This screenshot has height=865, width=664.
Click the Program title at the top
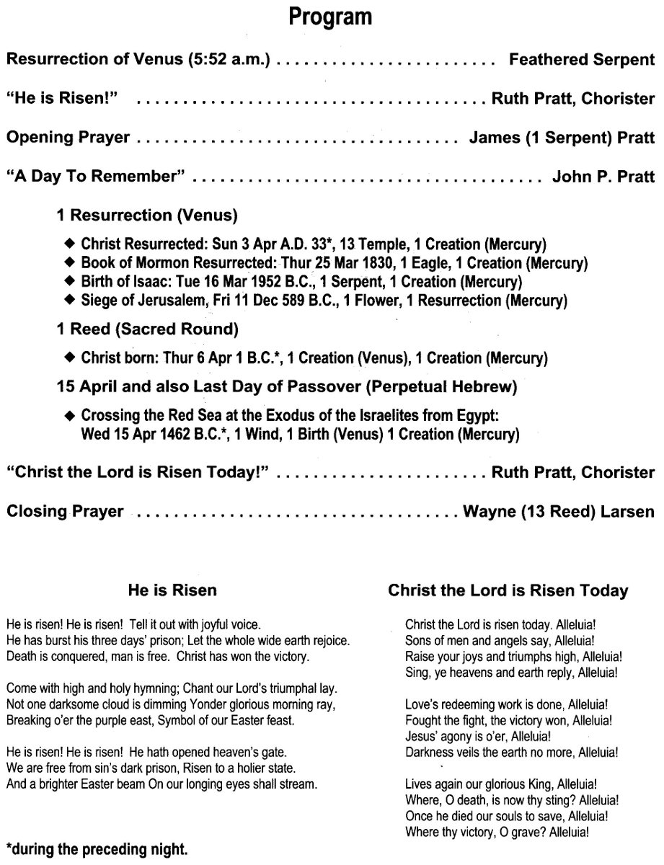pos(331,17)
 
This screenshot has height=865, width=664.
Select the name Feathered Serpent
pos(582,61)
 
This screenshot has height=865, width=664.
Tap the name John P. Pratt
pos(603,177)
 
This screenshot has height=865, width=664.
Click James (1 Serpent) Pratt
pos(562,138)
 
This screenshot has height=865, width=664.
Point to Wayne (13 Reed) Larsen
pos(559,512)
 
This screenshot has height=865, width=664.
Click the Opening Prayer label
pos(68,138)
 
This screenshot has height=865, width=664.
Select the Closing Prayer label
pos(65,512)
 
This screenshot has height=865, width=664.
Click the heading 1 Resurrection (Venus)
pos(147,215)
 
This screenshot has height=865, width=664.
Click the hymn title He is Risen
pos(172,591)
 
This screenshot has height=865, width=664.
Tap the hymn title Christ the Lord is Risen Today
pos(508,591)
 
